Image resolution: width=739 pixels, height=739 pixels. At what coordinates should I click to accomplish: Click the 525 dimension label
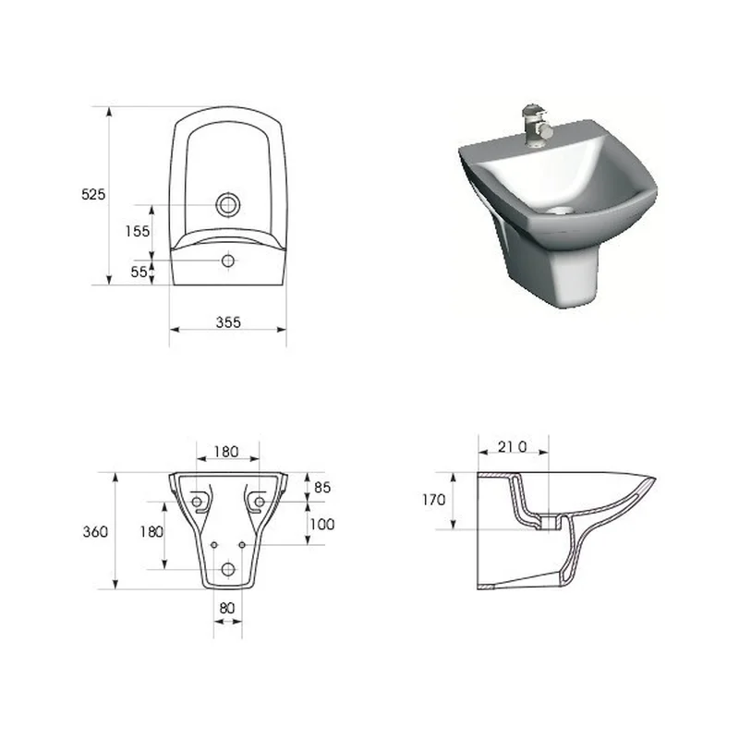93,194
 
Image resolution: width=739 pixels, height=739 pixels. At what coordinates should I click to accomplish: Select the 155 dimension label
137,231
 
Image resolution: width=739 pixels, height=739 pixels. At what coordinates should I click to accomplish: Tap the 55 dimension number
139,272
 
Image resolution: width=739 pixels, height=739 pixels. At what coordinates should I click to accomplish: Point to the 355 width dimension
228,322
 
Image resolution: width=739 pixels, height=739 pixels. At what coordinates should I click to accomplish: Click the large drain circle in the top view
228,205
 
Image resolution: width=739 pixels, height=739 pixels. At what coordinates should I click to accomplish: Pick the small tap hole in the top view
228,260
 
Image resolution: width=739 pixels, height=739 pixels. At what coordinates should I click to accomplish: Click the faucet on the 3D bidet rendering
535,125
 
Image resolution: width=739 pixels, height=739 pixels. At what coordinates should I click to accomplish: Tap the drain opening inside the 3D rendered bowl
559,211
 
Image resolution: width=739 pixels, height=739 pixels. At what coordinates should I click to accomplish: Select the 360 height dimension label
95,532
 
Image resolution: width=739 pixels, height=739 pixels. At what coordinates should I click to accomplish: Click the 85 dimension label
322,488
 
